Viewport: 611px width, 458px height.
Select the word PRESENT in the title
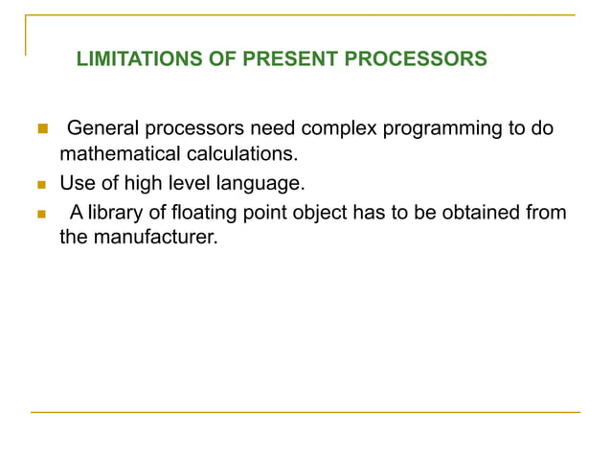[283, 59]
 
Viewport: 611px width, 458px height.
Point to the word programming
[440, 128]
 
